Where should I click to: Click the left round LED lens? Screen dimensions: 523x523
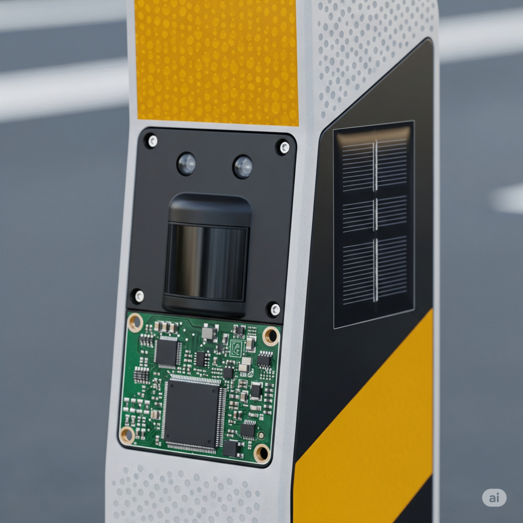186,163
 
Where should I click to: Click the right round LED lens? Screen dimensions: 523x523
243,167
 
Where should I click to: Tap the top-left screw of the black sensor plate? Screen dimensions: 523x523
152,141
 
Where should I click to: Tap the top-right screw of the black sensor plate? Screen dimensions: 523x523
284,147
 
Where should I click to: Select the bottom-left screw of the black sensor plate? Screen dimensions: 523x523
139,296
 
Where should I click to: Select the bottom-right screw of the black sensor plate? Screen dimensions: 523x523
274,310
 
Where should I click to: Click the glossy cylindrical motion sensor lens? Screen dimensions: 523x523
207,261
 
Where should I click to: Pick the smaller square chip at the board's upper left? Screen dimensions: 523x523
167,352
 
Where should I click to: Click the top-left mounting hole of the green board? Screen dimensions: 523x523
135,322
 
